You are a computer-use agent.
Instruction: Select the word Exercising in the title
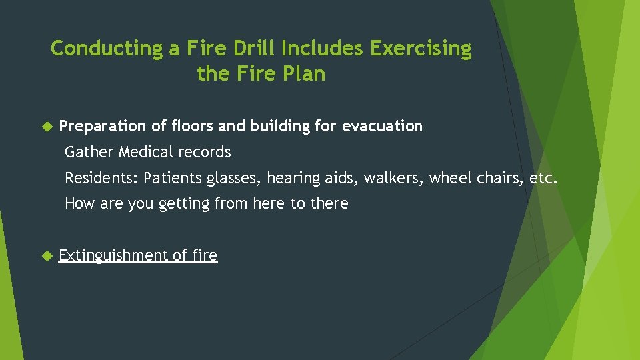point(421,49)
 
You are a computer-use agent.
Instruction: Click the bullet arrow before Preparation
point(47,126)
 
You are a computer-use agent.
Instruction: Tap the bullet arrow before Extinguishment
point(47,255)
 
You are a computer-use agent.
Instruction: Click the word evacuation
point(382,126)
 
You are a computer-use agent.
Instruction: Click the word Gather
point(89,152)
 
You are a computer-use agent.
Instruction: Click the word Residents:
point(101,178)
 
